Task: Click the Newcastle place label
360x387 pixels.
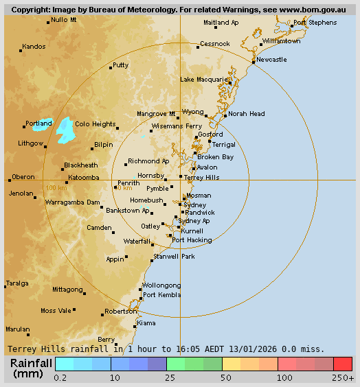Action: (272, 60)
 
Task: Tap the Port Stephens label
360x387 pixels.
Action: (315, 23)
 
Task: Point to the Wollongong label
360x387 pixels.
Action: (161, 285)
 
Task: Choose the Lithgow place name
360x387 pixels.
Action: (30, 143)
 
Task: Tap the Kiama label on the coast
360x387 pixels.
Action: (146, 322)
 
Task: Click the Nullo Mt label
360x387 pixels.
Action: (64, 20)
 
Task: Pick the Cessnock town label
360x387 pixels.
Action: (214, 44)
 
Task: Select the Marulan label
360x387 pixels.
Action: (18, 329)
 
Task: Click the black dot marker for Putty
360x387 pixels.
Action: (111, 67)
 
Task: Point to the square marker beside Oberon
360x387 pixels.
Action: (10, 180)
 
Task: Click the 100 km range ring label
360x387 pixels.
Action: (56, 187)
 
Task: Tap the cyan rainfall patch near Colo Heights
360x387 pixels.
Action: (65, 129)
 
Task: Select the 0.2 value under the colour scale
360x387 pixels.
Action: (60, 377)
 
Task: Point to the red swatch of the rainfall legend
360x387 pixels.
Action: (343, 364)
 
